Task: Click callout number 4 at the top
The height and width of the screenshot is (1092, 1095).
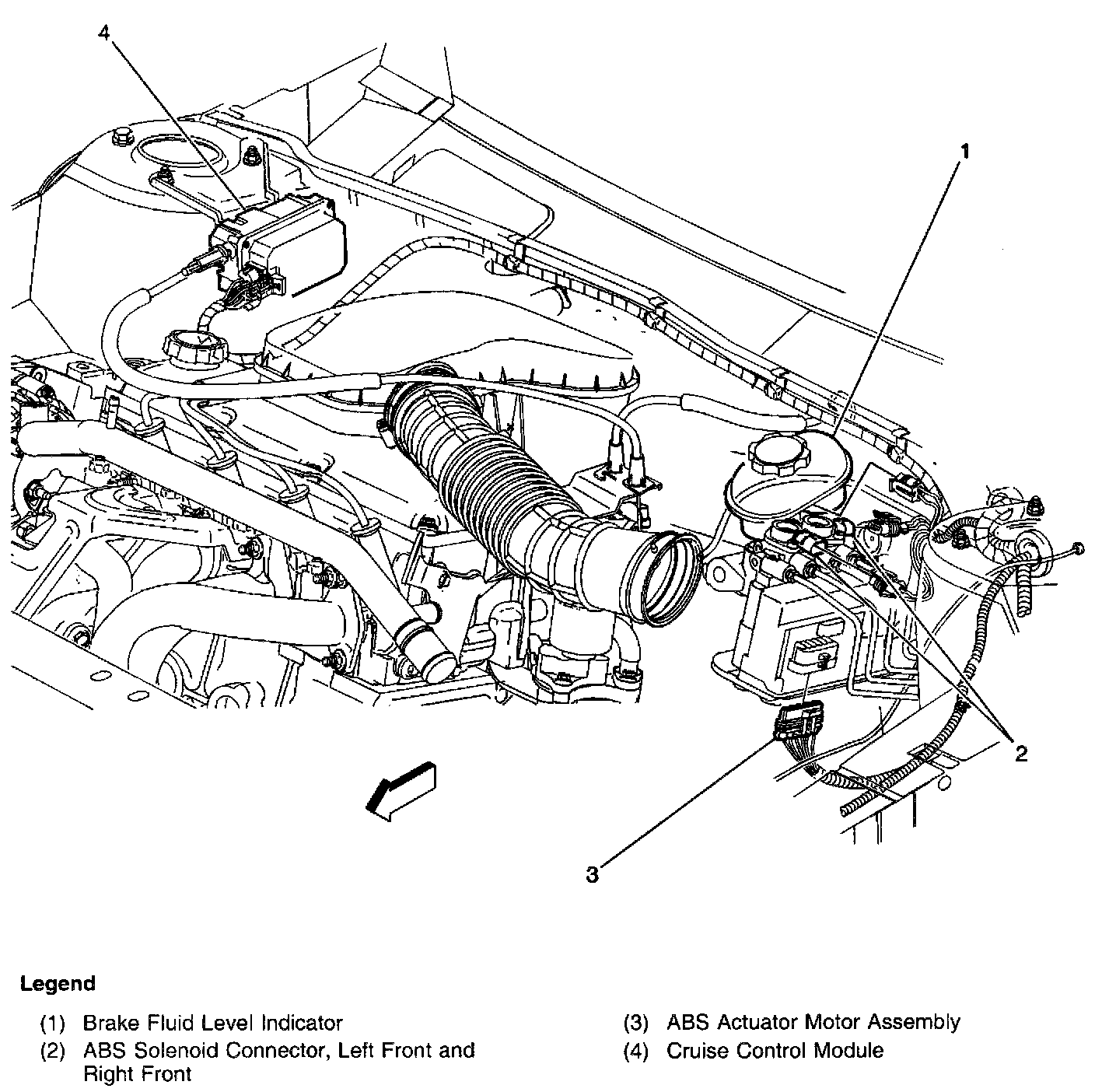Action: click(x=104, y=33)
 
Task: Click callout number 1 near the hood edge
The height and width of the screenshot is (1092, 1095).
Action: click(x=964, y=152)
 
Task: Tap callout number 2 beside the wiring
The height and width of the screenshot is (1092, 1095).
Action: click(x=1021, y=754)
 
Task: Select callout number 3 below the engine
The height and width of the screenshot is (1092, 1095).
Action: click(x=592, y=875)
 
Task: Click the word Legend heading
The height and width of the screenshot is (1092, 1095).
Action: click(x=58, y=983)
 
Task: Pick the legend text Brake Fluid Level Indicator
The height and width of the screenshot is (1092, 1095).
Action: click(x=212, y=1024)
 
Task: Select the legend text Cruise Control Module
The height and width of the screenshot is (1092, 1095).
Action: click(x=775, y=1051)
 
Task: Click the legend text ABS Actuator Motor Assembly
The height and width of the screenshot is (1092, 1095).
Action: click(x=813, y=1023)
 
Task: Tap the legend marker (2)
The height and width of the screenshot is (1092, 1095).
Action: click(x=52, y=1052)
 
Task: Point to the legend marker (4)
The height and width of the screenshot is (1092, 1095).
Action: click(x=636, y=1052)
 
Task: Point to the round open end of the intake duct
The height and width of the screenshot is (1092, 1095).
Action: click(x=666, y=579)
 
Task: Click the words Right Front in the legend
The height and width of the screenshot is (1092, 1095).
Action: click(x=138, y=1074)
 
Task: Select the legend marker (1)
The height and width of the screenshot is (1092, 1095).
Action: click(x=52, y=1024)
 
